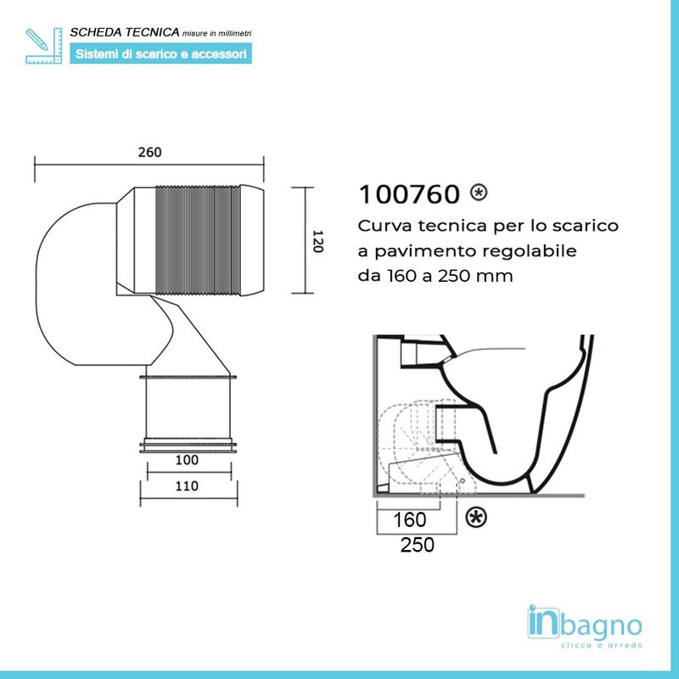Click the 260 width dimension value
pos(149,153)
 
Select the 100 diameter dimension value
pos(187,460)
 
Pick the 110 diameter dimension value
pos(187,486)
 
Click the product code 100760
pos(410,194)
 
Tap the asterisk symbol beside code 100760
pos(479,193)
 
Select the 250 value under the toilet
pos(417,544)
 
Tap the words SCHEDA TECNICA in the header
pos(126,32)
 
